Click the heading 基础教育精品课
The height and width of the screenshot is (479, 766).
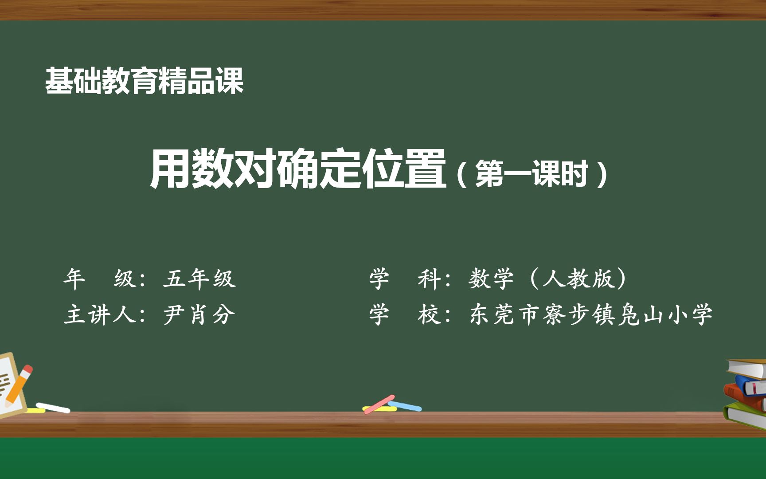144,81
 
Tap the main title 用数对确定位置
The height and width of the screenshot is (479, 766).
297,169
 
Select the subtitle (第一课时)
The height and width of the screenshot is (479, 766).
532,174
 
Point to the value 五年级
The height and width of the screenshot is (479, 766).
199,279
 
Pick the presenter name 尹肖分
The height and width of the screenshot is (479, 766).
199,315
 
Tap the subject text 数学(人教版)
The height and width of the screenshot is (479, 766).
548,279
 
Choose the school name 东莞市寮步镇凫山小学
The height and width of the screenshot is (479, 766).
590,315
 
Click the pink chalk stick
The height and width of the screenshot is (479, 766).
379,404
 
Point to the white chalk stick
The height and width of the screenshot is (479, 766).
53,407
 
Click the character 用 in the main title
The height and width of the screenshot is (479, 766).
170,169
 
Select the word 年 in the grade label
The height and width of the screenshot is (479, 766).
74,279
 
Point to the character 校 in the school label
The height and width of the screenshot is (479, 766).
428,315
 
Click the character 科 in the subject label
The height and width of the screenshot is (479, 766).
428,279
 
